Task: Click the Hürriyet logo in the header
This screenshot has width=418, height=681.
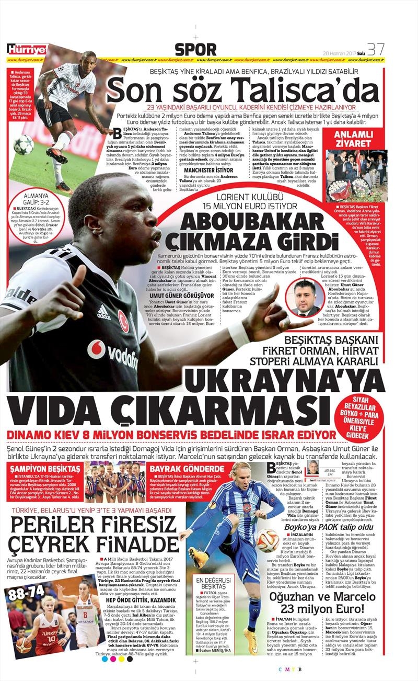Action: [x=26, y=50]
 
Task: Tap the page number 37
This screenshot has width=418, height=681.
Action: [x=376, y=49]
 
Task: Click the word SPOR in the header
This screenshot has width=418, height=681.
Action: [x=195, y=50]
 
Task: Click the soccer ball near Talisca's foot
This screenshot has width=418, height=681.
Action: [x=24, y=144]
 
